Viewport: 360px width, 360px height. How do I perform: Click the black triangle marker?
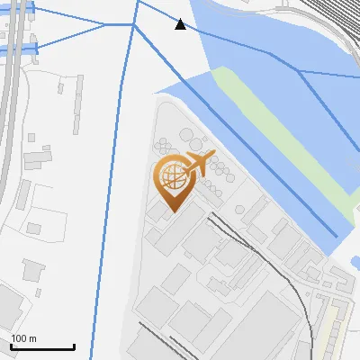181,24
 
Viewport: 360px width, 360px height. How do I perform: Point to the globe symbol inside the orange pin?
170,177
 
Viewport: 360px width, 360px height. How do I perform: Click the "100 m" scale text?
23,338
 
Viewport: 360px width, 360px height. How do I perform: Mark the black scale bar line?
42,346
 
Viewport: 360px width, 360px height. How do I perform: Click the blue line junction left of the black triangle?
135,25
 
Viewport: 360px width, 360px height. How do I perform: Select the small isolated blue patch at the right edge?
354,263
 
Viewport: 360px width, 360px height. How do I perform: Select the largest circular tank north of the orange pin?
191,137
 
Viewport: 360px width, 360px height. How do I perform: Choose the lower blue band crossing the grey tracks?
18,48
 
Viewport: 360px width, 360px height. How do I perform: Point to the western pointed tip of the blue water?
157,92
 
